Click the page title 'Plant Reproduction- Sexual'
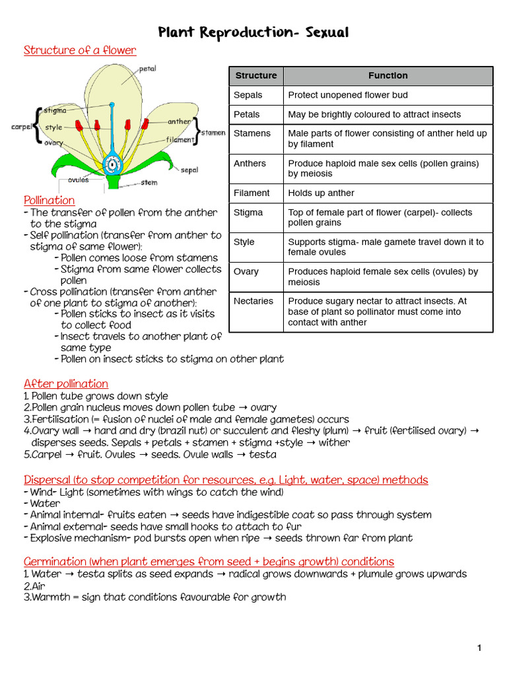pyautogui.click(x=253, y=32)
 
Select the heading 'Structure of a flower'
pyautogui.click(x=80, y=50)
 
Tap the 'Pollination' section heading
pyautogui.click(x=49, y=200)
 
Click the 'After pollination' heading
pyautogui.click(x=66, y=384)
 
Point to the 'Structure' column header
pyautogui.click(x=256, y=76)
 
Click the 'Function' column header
pyautogui.click(x=388, y=76)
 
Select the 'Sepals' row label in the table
pyautogui.click(x=248, y=95)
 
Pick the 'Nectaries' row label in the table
pyautogui.click(x=253, y=301)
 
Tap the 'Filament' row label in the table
pyautogui.click(x=252, y=193)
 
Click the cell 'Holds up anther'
pyautogui.click(x=321, y=193)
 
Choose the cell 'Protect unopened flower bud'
pyautogui.click(x=348, y=95)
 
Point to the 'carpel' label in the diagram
pyautogui.click(x=22, y=126)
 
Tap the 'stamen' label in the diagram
pyautogui.click(x=213, y=133)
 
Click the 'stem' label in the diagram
pyautogui.click(x=149, y=182)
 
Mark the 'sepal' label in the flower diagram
pyautogui.click(x=189, y=170)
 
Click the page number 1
pyautogui.click(x=479, y=648)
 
